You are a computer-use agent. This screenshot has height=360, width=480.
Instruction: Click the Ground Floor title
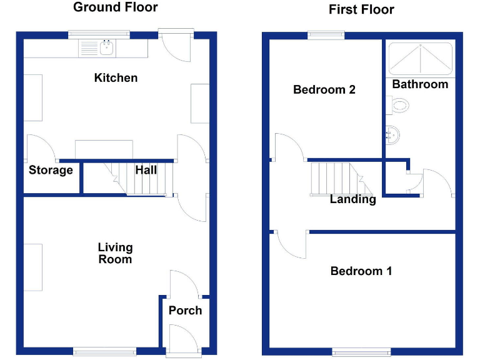(116, 7)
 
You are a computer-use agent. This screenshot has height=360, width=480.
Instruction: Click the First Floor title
(362, 9)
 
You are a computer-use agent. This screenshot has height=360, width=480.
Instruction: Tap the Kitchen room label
(116, 78)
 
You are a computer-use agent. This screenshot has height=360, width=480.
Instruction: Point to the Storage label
(51, 170)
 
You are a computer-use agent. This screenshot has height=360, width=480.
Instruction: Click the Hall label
(146, 170)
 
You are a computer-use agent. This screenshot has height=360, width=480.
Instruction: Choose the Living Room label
(115, 253)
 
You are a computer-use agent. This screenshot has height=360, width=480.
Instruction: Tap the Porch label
(185, 310)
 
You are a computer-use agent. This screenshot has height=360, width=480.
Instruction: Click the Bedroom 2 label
(324, 89)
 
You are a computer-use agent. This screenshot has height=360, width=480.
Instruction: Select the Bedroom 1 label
(361, 271)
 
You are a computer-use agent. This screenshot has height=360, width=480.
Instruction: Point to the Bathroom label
(420, 84)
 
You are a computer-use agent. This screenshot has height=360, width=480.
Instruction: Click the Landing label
(353, 200)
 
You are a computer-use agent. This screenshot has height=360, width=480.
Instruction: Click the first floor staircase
(337, 179)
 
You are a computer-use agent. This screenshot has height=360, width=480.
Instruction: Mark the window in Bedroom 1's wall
(362, 351)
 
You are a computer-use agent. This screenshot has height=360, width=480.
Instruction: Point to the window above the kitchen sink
(99, 34)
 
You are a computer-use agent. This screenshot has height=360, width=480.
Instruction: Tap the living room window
(104, 351)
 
